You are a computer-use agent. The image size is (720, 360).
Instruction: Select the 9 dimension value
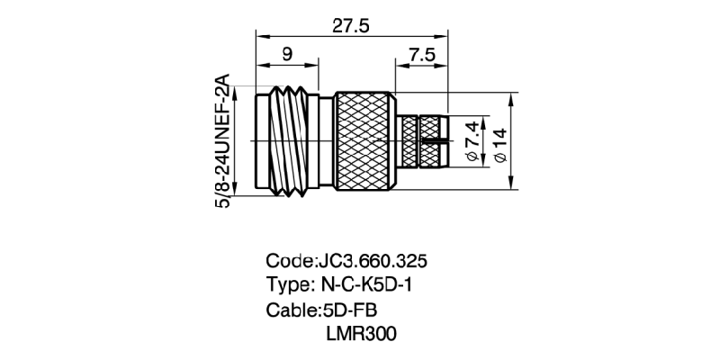pos(286,54)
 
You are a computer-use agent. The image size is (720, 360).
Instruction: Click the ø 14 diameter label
pos(500,143)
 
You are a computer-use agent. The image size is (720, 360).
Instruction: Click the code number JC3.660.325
pos(372,261)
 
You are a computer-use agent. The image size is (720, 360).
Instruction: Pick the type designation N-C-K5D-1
pos(372,285)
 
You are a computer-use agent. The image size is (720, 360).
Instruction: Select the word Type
pos(288,285)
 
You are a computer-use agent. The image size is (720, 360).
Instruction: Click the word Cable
pos(291,310)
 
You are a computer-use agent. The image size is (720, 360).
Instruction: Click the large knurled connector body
pos(364,140)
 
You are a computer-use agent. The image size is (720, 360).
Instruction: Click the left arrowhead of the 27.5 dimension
pos(260,36)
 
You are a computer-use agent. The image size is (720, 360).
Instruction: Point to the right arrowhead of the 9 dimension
pos(314,64)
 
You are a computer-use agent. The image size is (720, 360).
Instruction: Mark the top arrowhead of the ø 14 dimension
pos(510,96)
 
